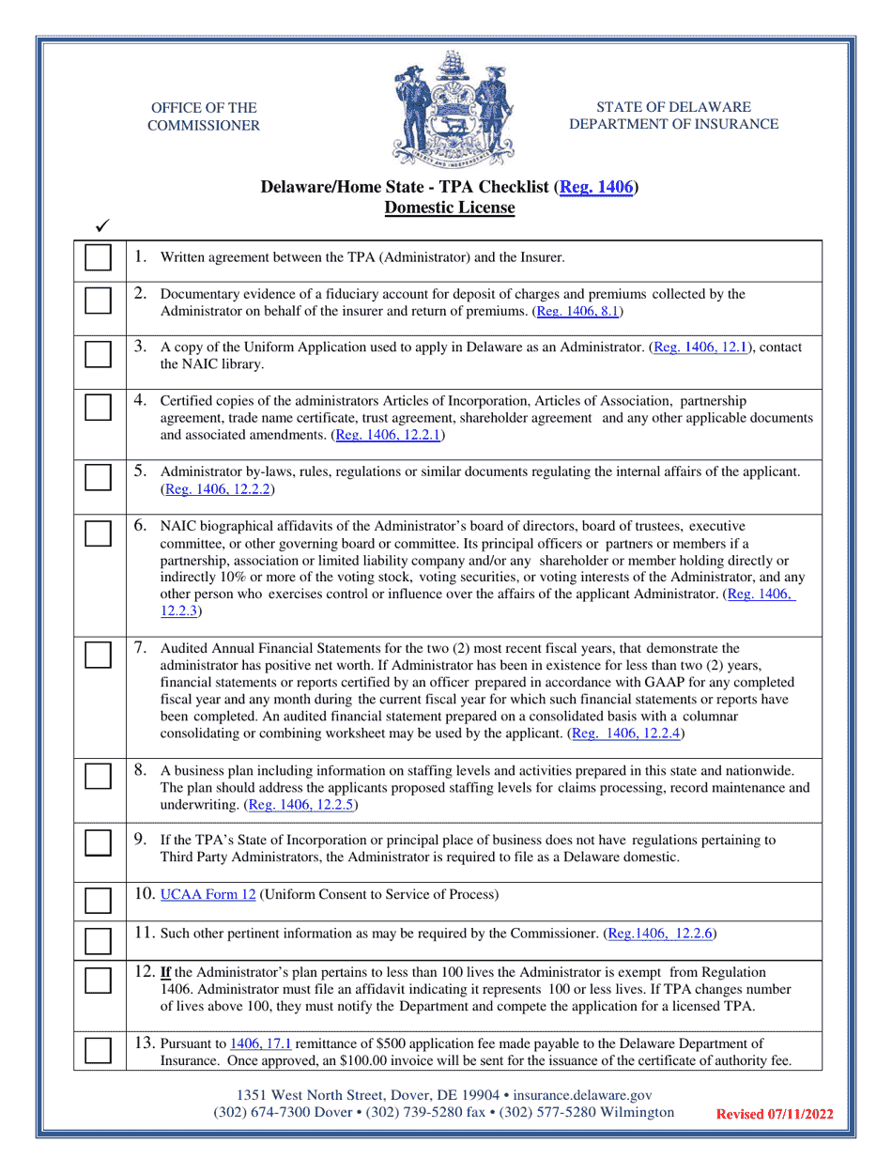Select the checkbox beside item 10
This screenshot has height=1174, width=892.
(x=97, y=900)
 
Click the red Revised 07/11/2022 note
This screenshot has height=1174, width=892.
(x=775, y=1115)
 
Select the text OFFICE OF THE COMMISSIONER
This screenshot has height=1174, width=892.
(x=205, y=116)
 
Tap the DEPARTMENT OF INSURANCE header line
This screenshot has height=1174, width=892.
(x=673, y=124)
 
